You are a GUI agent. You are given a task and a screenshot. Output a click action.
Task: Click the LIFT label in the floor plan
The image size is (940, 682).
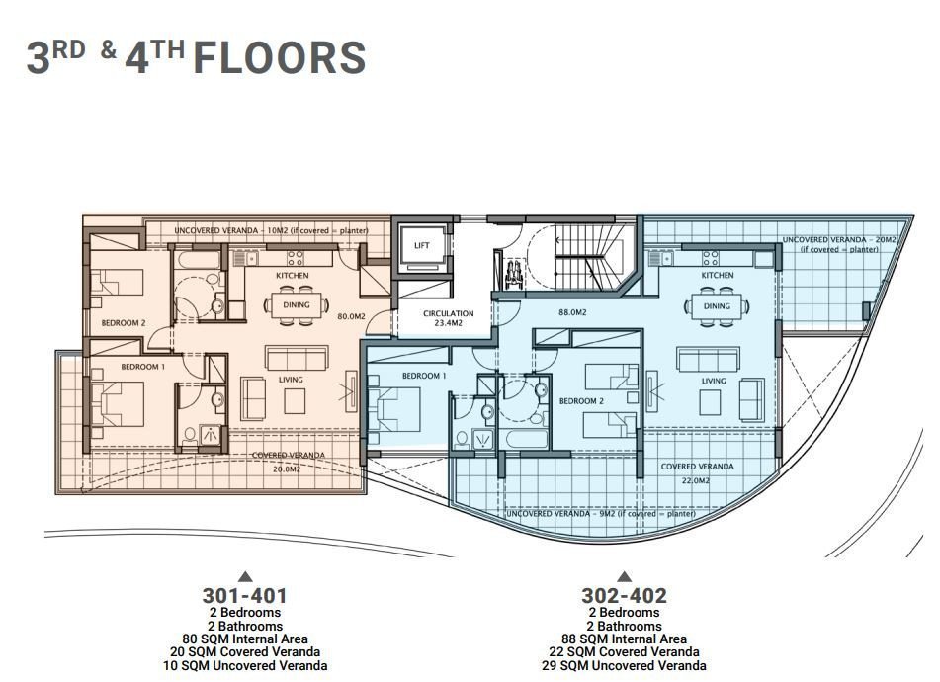tap(422, 245)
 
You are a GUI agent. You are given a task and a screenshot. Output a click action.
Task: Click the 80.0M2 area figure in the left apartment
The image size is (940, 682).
tap(351, 317)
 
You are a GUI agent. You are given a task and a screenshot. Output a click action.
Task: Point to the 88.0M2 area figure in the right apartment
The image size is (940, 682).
tap(572, 312)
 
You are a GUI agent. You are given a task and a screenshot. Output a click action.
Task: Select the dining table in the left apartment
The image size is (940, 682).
tap(296, 304)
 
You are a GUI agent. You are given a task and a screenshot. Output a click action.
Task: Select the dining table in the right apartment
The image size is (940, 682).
tap(717, 305)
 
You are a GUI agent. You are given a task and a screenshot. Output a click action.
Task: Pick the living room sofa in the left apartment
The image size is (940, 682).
tap(291, 357)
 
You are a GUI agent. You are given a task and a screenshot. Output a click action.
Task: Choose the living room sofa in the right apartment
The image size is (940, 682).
tap(704, 359)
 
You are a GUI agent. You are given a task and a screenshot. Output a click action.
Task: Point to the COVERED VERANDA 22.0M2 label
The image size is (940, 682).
tap(697, 472)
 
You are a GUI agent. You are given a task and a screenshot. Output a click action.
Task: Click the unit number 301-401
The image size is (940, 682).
tap(244, 596)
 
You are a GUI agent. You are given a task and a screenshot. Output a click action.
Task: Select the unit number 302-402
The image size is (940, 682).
tap(624, 596)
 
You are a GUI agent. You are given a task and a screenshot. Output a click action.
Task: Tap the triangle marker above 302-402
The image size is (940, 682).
tap(624, 576)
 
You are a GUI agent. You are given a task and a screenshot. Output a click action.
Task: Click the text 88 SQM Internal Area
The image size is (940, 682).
tap(624, 639)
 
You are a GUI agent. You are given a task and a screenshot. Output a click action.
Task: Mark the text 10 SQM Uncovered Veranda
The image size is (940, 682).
tap(244, 666)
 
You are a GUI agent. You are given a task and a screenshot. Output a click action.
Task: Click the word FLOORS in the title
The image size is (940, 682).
tap(279, 58)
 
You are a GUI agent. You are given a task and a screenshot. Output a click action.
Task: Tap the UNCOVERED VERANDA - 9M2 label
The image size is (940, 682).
tap(600, 515)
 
